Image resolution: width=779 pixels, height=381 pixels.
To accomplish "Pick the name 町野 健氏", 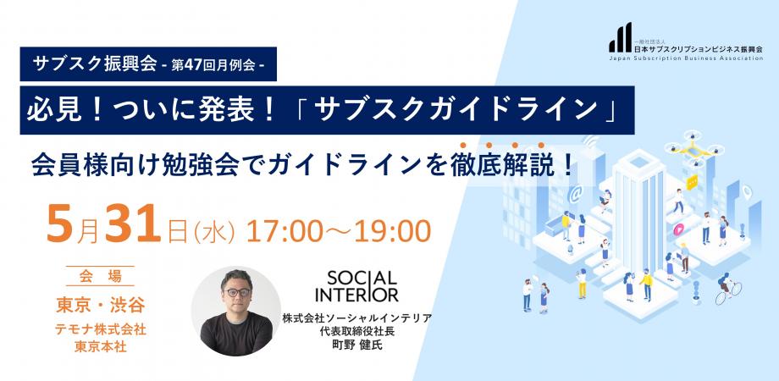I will point(359,345).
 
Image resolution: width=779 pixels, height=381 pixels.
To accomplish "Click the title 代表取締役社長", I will point(359,331).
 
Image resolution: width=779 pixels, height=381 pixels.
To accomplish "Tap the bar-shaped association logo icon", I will point(620,38).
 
